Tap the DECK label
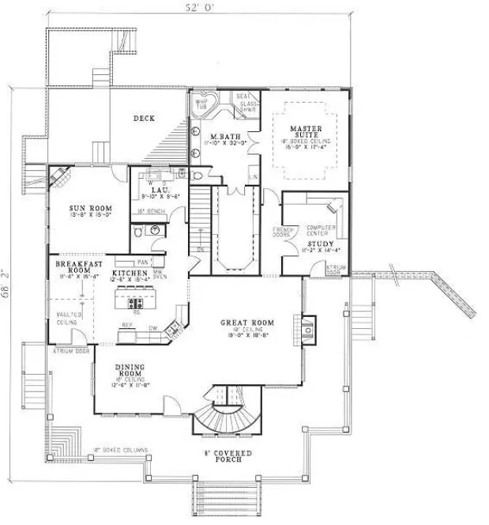coord(144,119)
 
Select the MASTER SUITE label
coord(305,131)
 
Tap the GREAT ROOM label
coord(247,323)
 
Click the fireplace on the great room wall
coord(307,326)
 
